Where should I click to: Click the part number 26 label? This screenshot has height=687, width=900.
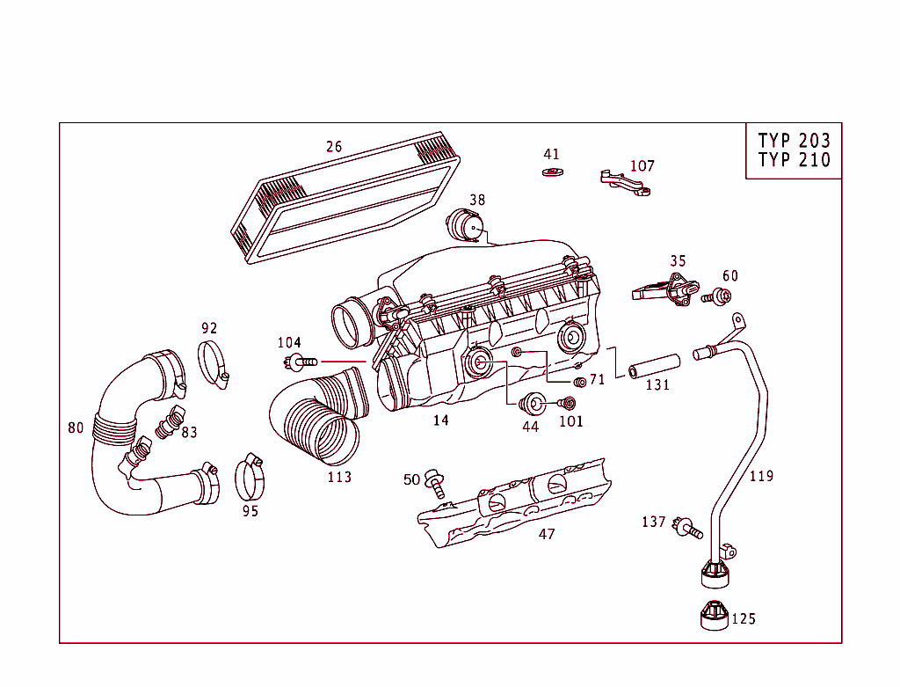coord(334,147)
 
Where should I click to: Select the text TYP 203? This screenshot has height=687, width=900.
coord(794,141)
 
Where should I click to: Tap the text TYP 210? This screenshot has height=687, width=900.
coord(794,160)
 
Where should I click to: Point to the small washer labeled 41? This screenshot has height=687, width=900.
coord(552,171)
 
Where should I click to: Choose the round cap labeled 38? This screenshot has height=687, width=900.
coord(465,224)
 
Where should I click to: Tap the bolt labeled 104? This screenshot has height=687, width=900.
coord(301,361)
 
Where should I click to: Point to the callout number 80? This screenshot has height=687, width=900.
coord(76,428)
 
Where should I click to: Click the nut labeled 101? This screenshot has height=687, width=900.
coord(567,404)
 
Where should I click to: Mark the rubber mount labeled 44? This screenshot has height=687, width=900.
coord(533,405)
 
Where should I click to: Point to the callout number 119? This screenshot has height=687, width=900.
coord(761,476)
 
